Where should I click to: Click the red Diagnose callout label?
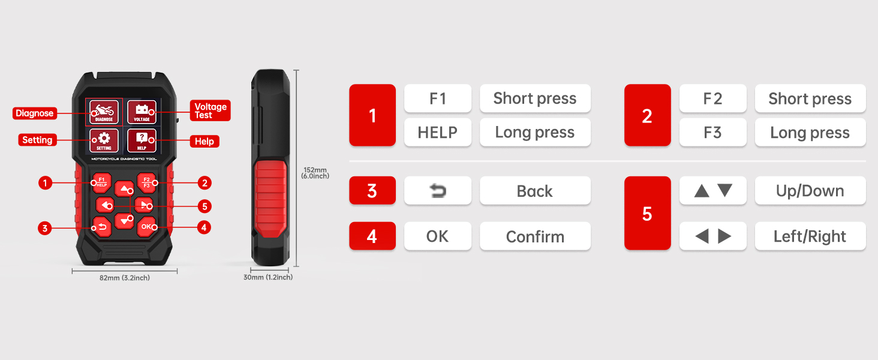point(35,113)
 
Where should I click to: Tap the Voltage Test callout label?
point(211,110)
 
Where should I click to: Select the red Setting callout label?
point(37,140)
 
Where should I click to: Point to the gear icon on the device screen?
point(104,138)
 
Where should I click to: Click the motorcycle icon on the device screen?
point(104,110)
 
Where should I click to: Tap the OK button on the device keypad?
point(146,227)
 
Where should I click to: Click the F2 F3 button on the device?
point(146,182)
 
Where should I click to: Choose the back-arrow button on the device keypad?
point(102,227)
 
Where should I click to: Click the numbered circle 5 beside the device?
point(205,206)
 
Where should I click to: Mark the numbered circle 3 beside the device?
point(45,228)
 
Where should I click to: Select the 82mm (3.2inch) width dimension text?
point(125,278)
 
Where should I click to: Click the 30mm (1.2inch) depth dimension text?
point(268,277)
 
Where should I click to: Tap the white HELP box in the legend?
point(437,133)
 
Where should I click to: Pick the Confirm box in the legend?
point(535,236)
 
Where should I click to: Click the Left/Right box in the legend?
point(810,236)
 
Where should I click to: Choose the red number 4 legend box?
point(372,236)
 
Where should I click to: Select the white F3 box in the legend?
point(712,133)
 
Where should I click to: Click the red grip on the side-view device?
point(270,199)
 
